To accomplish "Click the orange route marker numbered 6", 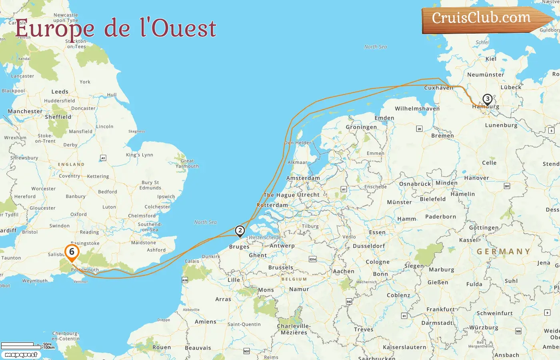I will pos(72,252).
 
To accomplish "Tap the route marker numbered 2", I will pos(240,231).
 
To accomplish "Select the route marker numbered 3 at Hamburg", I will pos(487,99).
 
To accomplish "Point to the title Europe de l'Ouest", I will pos(116,29).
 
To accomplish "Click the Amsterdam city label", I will pos(303,178).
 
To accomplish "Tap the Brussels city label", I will pos(281,267).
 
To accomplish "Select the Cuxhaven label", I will pos(439,88).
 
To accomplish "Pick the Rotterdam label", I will pos(272,205).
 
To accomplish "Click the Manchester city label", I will pos(25,111).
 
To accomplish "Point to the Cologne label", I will pos(378,262).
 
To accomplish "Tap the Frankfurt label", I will pos(441,309).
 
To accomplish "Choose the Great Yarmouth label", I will pos(187,163).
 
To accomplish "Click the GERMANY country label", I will pos(504,252).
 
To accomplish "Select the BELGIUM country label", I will pos(294,279).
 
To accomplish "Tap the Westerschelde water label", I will pos(264,237).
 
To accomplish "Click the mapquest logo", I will pos(21,355).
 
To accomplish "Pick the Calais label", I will pos(192,261).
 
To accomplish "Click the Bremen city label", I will pos(442,136).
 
